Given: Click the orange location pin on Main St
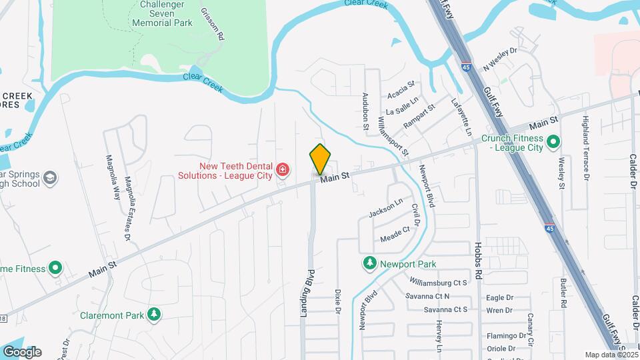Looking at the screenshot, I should click(320, 159).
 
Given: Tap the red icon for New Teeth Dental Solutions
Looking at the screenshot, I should click(283, 171).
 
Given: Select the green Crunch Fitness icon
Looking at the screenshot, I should click(553, 142).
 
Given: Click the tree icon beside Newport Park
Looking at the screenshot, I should click(369, 264).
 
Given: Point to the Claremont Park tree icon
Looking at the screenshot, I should click(154, 313).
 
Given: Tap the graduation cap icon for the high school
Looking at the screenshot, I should click(50, 179).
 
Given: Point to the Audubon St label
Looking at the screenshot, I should click(366, 106).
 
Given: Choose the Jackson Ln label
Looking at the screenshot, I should click(386, 208).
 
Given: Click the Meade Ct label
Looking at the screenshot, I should click(395, 234).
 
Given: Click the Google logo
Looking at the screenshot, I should click(22, 352).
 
